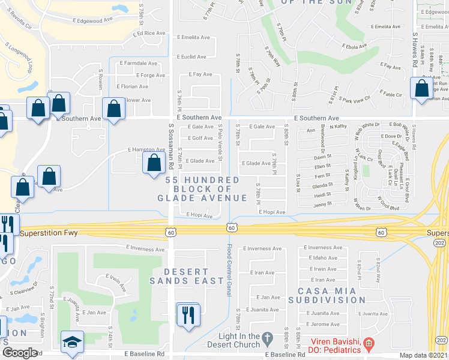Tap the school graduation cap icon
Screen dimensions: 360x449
(72, 343)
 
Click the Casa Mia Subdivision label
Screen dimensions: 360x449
(327, 295)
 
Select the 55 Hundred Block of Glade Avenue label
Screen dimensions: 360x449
(203, 189)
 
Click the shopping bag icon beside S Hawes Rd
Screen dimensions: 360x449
(421, 89)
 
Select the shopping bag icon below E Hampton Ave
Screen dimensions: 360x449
(154, 162)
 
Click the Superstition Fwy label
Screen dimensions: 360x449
(50, 233)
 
